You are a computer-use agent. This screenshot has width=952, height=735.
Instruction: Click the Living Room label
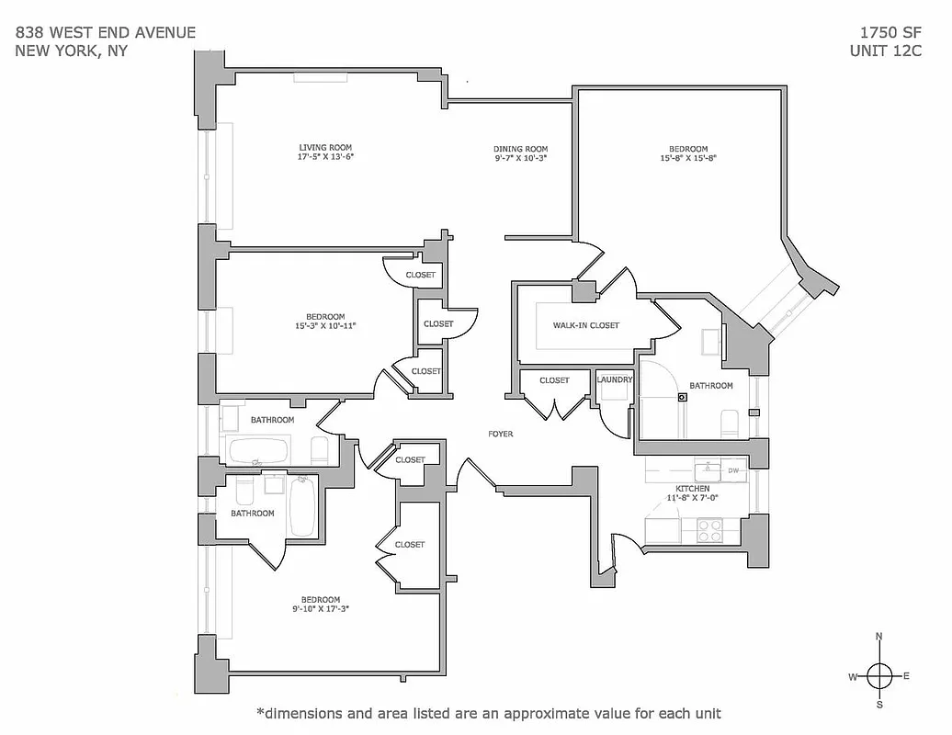click(x=325, y=147)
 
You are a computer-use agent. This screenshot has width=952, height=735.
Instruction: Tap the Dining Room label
click(x=520, y=149)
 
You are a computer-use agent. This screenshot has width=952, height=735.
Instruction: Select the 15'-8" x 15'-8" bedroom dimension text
click(x=687, y=158)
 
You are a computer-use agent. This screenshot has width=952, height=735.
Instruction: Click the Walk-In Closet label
click(x=585, y=325)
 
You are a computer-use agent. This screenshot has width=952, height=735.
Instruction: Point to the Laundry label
click(x=614, y=379)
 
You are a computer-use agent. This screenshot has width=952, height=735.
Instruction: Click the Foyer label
click(x=500, y=434)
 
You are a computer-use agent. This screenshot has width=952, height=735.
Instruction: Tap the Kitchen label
click(x=692, y=488)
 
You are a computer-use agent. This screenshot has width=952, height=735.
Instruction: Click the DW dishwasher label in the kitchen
click(x=733, y=470)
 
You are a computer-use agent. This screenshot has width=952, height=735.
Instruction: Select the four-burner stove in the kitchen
click(x=709, y=530)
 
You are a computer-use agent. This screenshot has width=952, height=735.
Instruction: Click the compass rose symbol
click(x=879, y=675)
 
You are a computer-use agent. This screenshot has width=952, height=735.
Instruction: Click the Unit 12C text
click(x=886, y=51)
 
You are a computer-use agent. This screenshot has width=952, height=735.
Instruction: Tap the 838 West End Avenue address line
click(x=106, y=33)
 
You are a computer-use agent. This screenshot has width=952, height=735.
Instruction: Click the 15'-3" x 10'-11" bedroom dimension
click(x=325, y=325)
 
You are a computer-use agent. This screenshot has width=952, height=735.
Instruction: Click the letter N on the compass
click(x=879, y=637)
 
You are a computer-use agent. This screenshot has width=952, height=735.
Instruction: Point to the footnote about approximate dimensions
click(x=488, y=713)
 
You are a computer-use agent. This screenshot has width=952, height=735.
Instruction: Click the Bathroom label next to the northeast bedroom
click(x=711, y=386)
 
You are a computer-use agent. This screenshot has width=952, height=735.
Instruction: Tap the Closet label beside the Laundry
click(x=554, y=379)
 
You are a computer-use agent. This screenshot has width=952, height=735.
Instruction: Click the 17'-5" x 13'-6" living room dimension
click(x=325, y=157)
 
